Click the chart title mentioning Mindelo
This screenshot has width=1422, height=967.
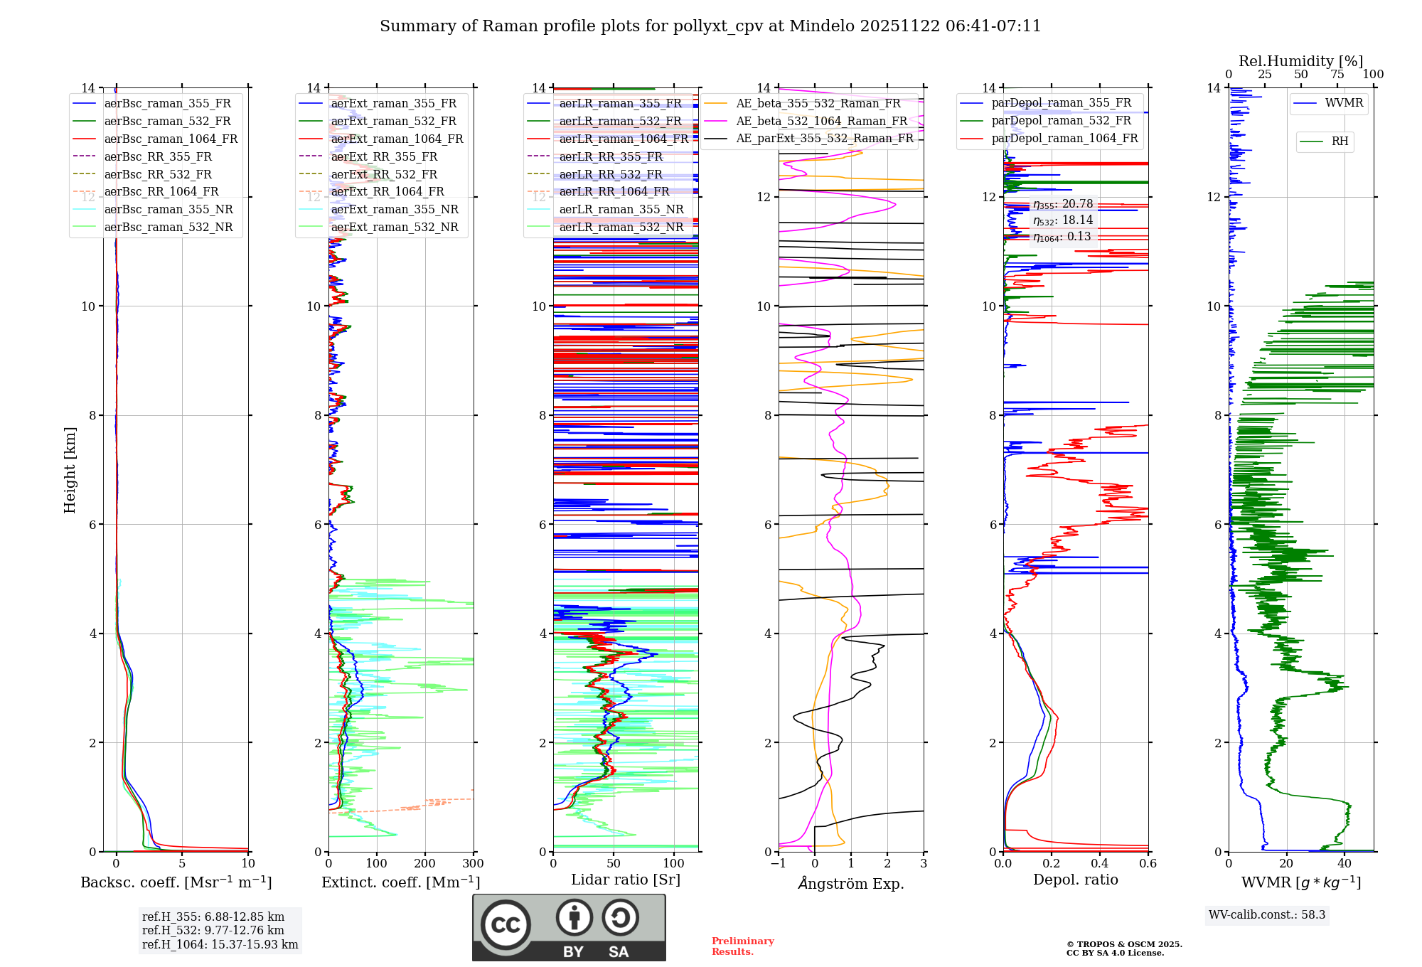(710, 26)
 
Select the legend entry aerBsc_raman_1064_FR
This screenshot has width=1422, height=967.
(171, 139)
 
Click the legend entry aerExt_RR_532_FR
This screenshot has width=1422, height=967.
(384, 174)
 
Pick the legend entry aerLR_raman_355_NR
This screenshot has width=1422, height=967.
(621, 209)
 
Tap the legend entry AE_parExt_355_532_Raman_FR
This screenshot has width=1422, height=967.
(824, 138)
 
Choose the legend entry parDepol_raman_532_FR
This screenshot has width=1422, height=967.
(1061, 120)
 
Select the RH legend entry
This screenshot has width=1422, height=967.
(1340, 141)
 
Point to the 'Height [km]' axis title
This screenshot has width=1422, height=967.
(70, 469)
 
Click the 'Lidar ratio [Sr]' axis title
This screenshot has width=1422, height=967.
(626, 880)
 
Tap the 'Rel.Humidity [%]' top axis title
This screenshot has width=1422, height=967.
(1300, 61)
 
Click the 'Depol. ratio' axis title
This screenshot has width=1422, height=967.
(1075, 880)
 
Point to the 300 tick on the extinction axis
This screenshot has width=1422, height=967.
(474, 863)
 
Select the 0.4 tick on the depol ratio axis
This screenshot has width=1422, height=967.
(1100, 863)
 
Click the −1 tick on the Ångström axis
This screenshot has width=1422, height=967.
(779, 863)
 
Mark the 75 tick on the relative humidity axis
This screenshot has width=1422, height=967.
(1337, 75)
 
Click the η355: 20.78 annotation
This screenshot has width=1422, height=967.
(1062, 204)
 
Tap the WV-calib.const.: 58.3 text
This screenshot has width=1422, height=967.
(1267, 914)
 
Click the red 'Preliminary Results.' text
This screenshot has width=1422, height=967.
(742, 946)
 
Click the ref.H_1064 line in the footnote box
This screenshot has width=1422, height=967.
(220, 944)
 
